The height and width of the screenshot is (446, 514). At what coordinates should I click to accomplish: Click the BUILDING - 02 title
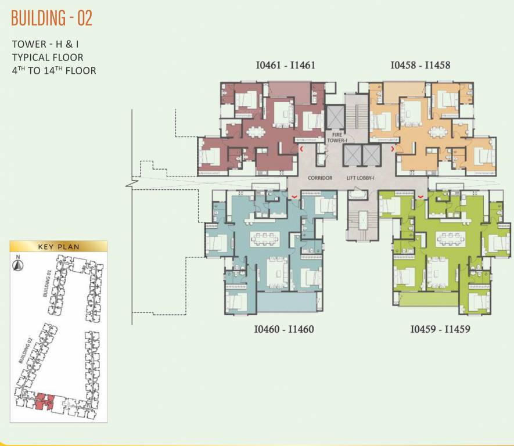pyautogui.click(x=52, y=19)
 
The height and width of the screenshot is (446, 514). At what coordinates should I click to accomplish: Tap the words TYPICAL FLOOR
pyautogui.click(x=48, y=57)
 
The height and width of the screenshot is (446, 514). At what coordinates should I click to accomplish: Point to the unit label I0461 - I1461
pyautogui.click(x=285, y=65)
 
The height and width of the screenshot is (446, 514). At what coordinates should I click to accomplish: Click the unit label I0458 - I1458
pyautogui.click(x=420, y=65)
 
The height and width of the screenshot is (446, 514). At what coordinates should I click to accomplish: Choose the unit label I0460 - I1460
pyautogui.click(x=283, y=329)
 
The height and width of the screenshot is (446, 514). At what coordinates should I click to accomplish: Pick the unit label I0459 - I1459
pyautogui.click(x=440, y=329)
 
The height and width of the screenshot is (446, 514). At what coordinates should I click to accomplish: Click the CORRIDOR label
pyautogui.click(x=320, y=178)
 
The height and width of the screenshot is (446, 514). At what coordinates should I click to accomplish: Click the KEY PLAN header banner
pyautogui.click(x=59, y=246)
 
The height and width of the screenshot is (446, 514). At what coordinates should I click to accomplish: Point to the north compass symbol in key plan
pyautogui.click(x=18, y=265)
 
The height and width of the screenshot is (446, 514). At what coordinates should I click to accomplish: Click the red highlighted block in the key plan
pyautogui.click(x=44, y=400)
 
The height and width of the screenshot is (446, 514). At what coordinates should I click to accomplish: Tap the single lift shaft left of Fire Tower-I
pyautogui.click(x=335, y=117)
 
